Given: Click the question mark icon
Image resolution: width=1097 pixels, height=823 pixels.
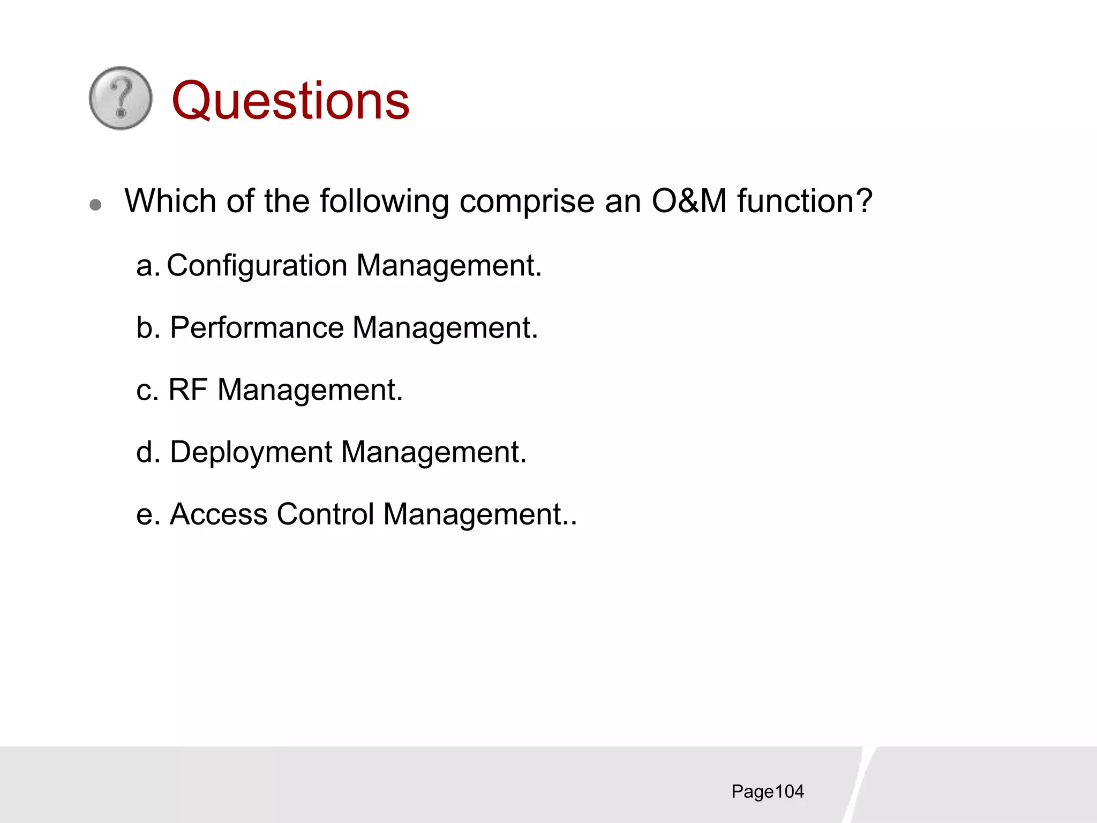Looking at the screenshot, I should point(121,98).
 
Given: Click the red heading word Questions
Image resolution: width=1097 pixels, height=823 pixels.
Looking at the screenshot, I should point(290,101).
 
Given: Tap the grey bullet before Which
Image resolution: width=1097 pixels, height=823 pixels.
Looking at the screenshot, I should point(96,205).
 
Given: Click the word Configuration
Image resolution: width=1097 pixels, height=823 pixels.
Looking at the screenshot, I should point(257,266).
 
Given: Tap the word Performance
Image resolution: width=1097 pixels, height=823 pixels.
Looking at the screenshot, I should point(257,328).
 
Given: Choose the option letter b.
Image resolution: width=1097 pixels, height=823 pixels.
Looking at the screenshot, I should point(145,328).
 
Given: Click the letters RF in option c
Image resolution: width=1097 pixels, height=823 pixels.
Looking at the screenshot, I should point(188,390).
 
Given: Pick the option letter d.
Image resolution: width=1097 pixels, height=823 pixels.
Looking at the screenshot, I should point(145,452).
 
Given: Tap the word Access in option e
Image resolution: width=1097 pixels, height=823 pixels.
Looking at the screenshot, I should point(219,514).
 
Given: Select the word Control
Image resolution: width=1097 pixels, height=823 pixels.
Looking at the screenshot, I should point(325,514).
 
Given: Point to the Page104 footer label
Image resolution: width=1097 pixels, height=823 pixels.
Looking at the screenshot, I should point(767,792).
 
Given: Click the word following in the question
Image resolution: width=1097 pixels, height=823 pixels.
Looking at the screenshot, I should point(384,203).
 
